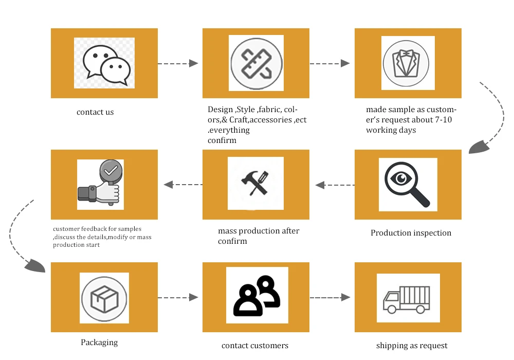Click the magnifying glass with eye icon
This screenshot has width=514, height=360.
pos(407,183)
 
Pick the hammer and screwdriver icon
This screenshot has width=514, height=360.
pos(255,183)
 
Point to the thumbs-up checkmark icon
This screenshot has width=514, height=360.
pos(100,184)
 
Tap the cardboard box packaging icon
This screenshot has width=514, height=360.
pos(104,298)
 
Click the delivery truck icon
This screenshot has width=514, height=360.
pos(407,299)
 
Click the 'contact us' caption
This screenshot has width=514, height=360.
pos(95,112)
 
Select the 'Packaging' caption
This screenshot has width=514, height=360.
pos(99,343)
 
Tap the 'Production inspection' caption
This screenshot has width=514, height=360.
pos(411,233)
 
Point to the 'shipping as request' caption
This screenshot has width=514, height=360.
pos(412,346)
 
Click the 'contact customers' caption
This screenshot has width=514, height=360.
pos(255,346)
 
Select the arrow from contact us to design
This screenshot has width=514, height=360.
pos(178,63)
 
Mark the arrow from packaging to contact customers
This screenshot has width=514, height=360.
pos(178,297)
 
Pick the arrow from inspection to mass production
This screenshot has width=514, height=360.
pos(335,185)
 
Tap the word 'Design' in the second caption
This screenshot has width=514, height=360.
pos(220,110)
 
